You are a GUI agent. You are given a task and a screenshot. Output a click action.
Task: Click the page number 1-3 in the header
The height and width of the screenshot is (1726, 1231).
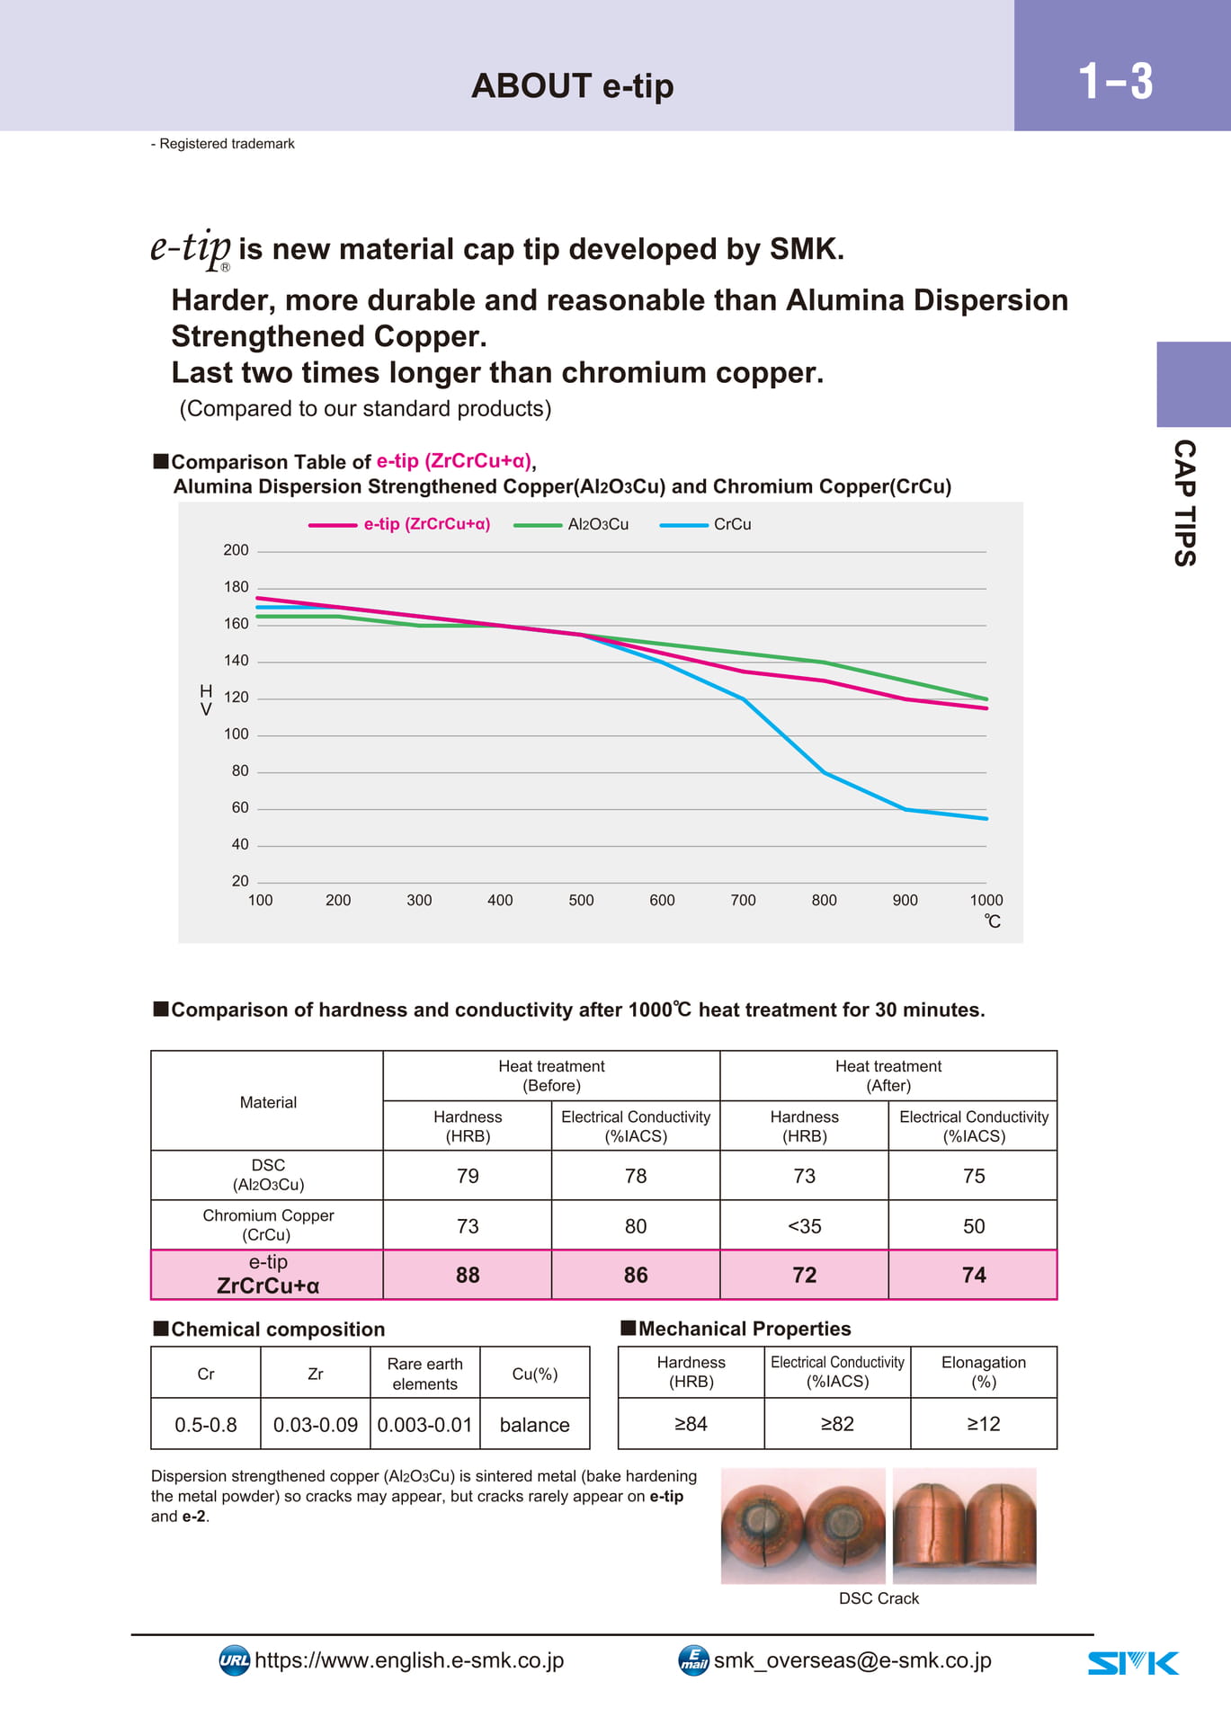[1115, 81]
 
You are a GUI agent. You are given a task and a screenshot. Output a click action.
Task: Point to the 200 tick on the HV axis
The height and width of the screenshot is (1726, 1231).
[236, 550]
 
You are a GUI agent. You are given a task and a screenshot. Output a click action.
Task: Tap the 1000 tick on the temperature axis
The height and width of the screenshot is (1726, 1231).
[986, 900]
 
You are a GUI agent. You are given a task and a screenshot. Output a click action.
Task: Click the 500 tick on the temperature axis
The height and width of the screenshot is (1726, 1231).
[581, 900]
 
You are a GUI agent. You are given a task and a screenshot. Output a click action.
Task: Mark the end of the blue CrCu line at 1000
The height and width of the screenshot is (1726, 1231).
[986, 818]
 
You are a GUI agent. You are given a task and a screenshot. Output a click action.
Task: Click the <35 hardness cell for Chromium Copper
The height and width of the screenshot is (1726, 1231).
[805, 1226]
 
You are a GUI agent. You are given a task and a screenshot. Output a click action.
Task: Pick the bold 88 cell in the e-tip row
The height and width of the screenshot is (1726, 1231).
[468, 1275]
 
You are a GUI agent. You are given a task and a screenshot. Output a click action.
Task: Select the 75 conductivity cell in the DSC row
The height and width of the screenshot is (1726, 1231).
[974, 1176]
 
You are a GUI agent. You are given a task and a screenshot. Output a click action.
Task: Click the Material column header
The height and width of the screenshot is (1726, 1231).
[268, 1102]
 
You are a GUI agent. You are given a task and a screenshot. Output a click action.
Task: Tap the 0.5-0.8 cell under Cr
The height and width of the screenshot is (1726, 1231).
[206, 1425]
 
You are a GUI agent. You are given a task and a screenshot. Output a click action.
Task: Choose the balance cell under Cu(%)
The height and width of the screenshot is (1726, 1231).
[535, 1425]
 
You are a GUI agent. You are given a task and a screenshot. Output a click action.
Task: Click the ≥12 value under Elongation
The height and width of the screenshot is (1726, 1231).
[984, 1424]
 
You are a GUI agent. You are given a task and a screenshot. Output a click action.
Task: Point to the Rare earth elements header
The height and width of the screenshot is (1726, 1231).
[425, 1374]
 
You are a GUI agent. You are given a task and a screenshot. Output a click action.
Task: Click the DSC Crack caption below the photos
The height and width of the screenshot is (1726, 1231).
[879, 1598]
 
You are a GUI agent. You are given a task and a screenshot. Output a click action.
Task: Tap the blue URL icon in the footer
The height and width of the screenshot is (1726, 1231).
[235, 1660]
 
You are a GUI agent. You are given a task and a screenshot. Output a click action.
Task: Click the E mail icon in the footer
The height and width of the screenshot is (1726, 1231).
[693, 1660]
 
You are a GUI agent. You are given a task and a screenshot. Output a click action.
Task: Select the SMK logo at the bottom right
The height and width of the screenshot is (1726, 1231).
[1133, 1663]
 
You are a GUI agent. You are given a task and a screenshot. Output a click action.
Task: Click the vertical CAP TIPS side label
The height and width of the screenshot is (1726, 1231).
[1185, 503]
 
